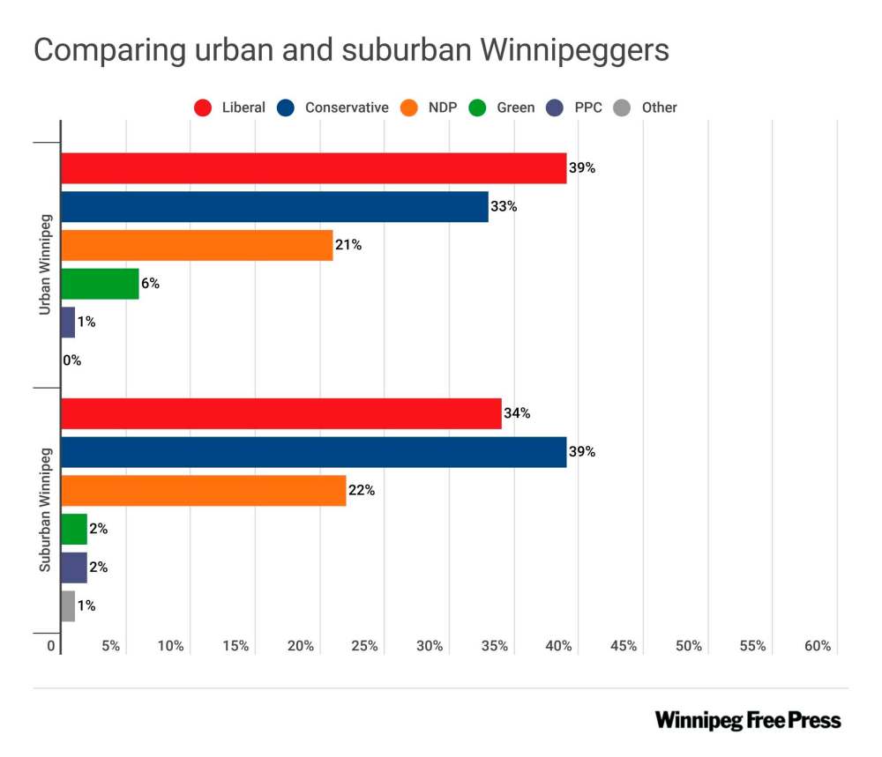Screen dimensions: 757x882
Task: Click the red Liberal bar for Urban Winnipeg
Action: [313, 168]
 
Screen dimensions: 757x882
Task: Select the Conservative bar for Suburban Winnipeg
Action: [313, 452]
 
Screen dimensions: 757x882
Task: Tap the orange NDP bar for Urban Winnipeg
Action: [197, 245]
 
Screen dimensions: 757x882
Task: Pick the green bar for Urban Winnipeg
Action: [100, 284]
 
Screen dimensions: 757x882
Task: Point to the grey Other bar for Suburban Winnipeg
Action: [68, 606]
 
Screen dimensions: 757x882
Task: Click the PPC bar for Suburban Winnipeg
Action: [74, 568]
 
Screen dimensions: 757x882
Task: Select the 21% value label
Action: [348, 245]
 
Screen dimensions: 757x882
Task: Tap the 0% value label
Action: [72, 360]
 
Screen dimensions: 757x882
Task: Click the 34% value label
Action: [517, 413]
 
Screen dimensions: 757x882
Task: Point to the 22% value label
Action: [362, 491]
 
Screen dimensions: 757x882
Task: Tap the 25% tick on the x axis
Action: [364, 646]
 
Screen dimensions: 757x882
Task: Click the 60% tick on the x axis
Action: [818, 646]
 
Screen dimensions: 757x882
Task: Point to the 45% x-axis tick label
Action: [624, 646]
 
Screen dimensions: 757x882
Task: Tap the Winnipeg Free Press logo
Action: [748, 720]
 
